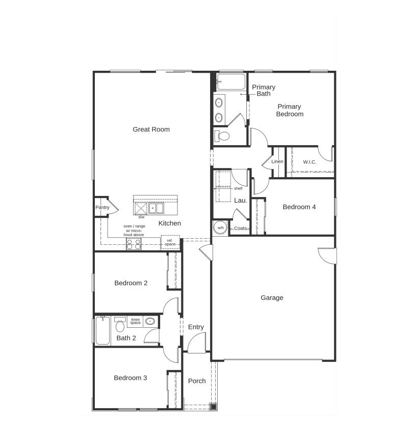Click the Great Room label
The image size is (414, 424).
tap(151, 129)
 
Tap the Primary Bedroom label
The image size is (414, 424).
tap(290, 110)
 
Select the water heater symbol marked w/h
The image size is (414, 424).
tap(220, 228)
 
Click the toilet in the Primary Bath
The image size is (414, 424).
tap(222, 136)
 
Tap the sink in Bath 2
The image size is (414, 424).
tap(150, 321)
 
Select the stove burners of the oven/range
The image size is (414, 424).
tap(134, 244)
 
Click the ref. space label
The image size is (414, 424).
tap(170, 242)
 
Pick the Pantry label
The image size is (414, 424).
tap(102, 208)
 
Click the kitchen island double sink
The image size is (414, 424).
tap(156, 208)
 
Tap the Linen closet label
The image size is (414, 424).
tap(277, 162)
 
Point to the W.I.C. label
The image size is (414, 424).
tap(309, 162)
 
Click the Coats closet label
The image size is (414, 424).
tap(240, 229)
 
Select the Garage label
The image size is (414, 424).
tap(272, 298)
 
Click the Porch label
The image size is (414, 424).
tap(197, 381)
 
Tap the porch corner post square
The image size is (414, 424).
tap(213, 406)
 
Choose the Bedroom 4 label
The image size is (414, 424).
tap(299, 207)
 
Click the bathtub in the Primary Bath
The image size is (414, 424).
tap(231, 82)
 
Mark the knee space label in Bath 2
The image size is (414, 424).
tap(135, 321)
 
